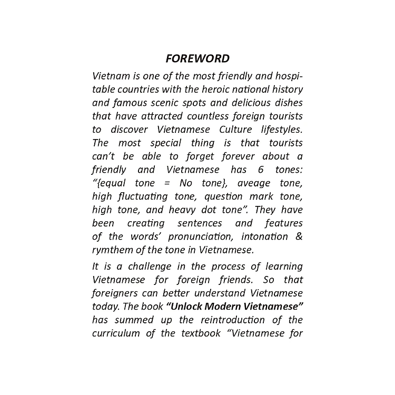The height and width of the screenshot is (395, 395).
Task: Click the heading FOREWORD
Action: point(197,58)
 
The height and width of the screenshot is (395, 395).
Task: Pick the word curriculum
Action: point(116,333)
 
